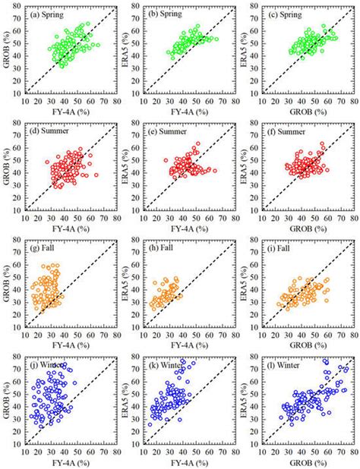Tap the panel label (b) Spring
pyautogui.click(x=166, y=14)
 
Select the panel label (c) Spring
pyautogui.click(x=286, y=14)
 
